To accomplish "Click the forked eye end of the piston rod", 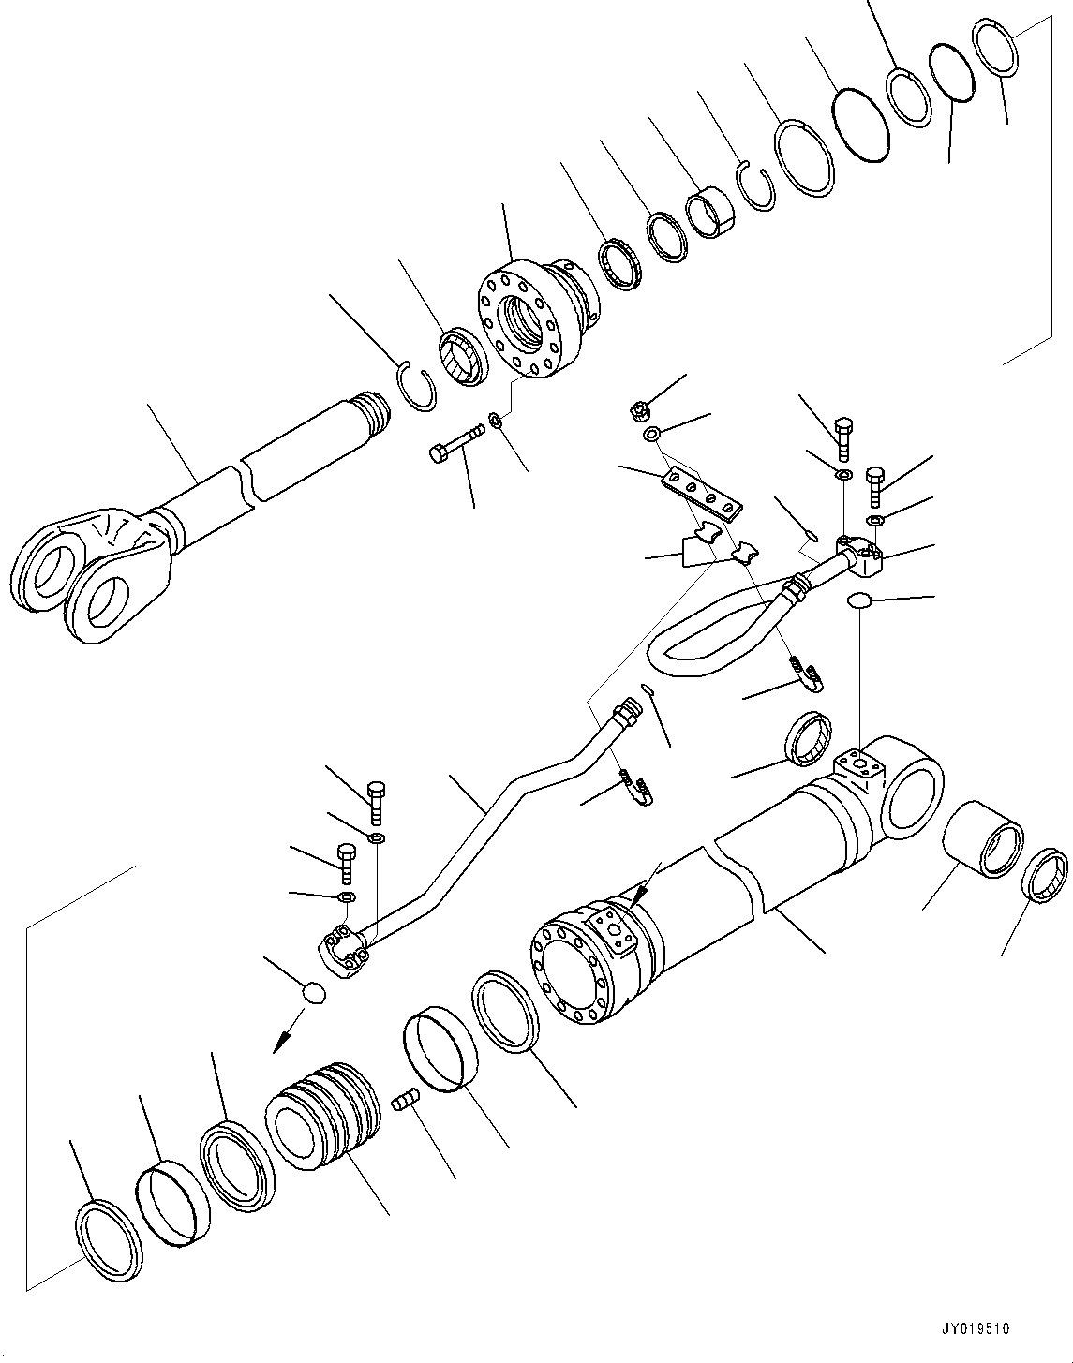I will [89, 571].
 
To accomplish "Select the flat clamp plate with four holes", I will [702, 495].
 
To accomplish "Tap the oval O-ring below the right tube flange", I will [859, 601].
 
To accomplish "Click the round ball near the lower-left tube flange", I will [315, 992].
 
